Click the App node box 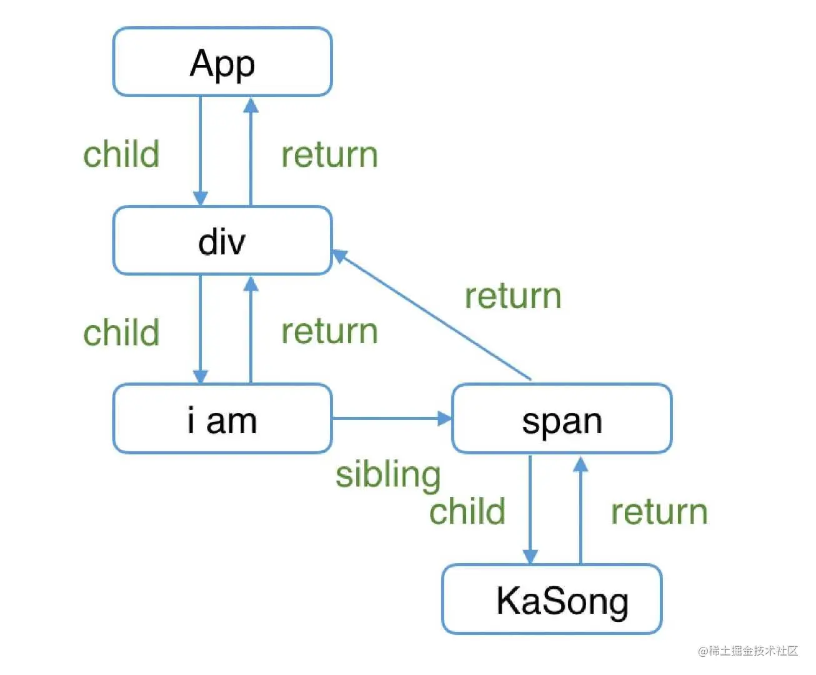coord(222,62)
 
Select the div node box coord(222,241)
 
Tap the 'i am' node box coord(222,419)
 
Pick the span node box coord(561,419)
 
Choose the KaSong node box coord(552,599)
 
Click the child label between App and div coord(121,154)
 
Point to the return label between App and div coord(329,155)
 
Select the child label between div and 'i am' coord(121,332)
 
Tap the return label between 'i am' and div coord(329,331)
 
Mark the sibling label coord(388,474)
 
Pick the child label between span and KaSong coord(467,511)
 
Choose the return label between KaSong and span coord(659,512)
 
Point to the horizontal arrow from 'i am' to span coord(391,418)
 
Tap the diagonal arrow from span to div coord(431,315)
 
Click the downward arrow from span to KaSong coord(530,509)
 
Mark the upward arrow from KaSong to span coord(580,509)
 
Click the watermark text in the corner coord(748,651)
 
